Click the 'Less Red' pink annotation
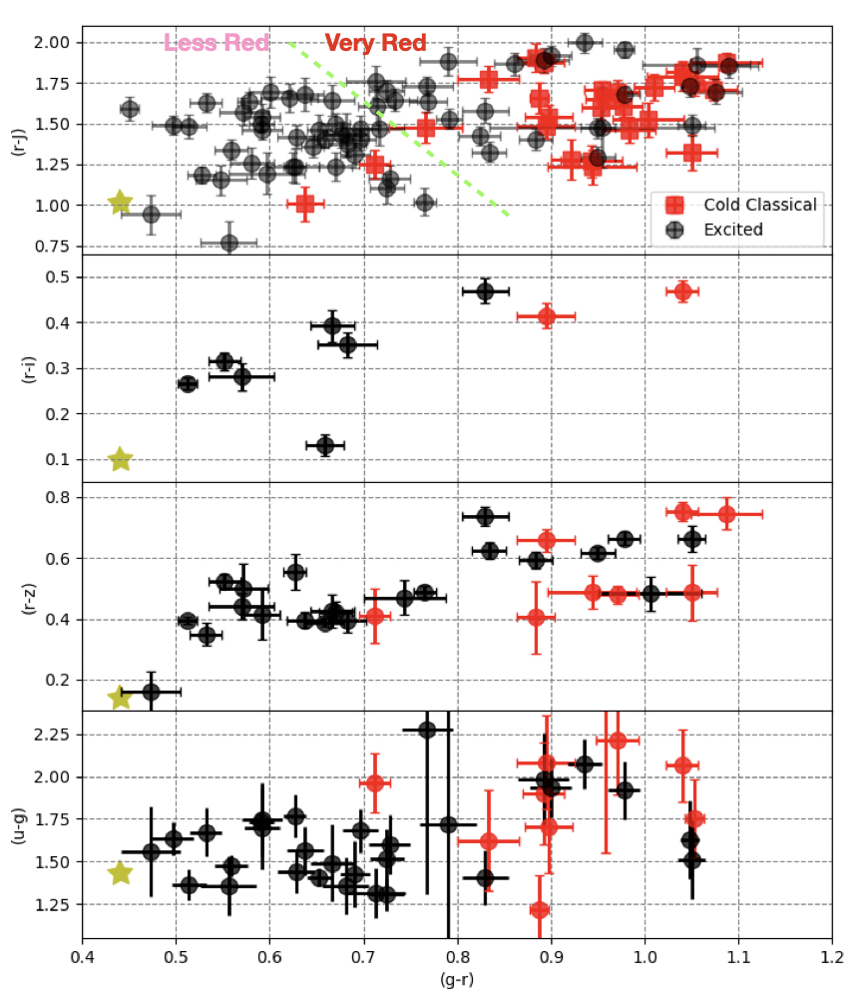(216, 43)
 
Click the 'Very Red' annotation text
(375, 43)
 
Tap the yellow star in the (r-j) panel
(120, 203)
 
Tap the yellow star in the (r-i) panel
(120, 459)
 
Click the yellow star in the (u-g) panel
(120, 873)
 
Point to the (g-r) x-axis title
(457, 979)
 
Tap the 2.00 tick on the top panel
(56, 43)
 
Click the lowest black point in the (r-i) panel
(325, 445)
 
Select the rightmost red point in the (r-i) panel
(683, 291)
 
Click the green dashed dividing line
(399, 128)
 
